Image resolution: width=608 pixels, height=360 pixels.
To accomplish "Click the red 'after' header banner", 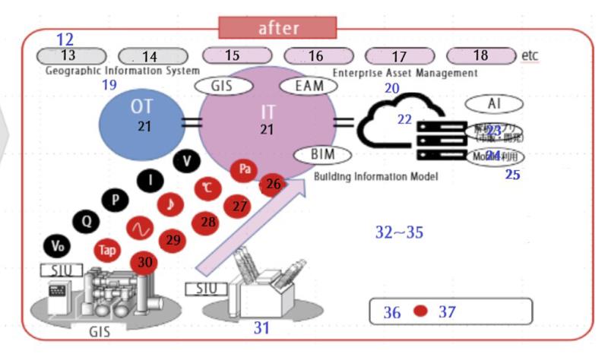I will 277,28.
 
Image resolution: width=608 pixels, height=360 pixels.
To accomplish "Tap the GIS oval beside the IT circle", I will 223,87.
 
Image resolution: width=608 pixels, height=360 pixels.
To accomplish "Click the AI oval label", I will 495,103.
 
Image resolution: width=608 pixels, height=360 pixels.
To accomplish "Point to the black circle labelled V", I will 186,162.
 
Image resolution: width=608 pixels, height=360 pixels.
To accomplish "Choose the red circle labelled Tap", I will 107,250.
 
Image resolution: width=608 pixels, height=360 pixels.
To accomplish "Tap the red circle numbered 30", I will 144,262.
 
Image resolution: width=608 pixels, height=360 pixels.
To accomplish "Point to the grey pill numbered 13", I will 68,56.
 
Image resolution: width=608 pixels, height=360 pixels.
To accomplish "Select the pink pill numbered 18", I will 480,56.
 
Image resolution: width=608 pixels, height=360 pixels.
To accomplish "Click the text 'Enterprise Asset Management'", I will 404,73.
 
